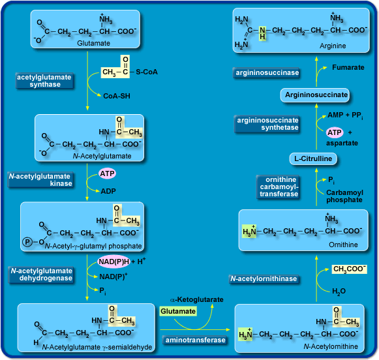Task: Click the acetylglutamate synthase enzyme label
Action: (44, 81)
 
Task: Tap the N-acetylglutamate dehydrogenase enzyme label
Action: (40, 275)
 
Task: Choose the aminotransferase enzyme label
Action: (195, 340)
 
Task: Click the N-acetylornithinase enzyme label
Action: (264, 279)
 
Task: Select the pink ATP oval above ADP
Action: (108, 173)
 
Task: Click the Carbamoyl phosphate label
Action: (344, 196)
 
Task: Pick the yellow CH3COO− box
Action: (350, 268)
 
